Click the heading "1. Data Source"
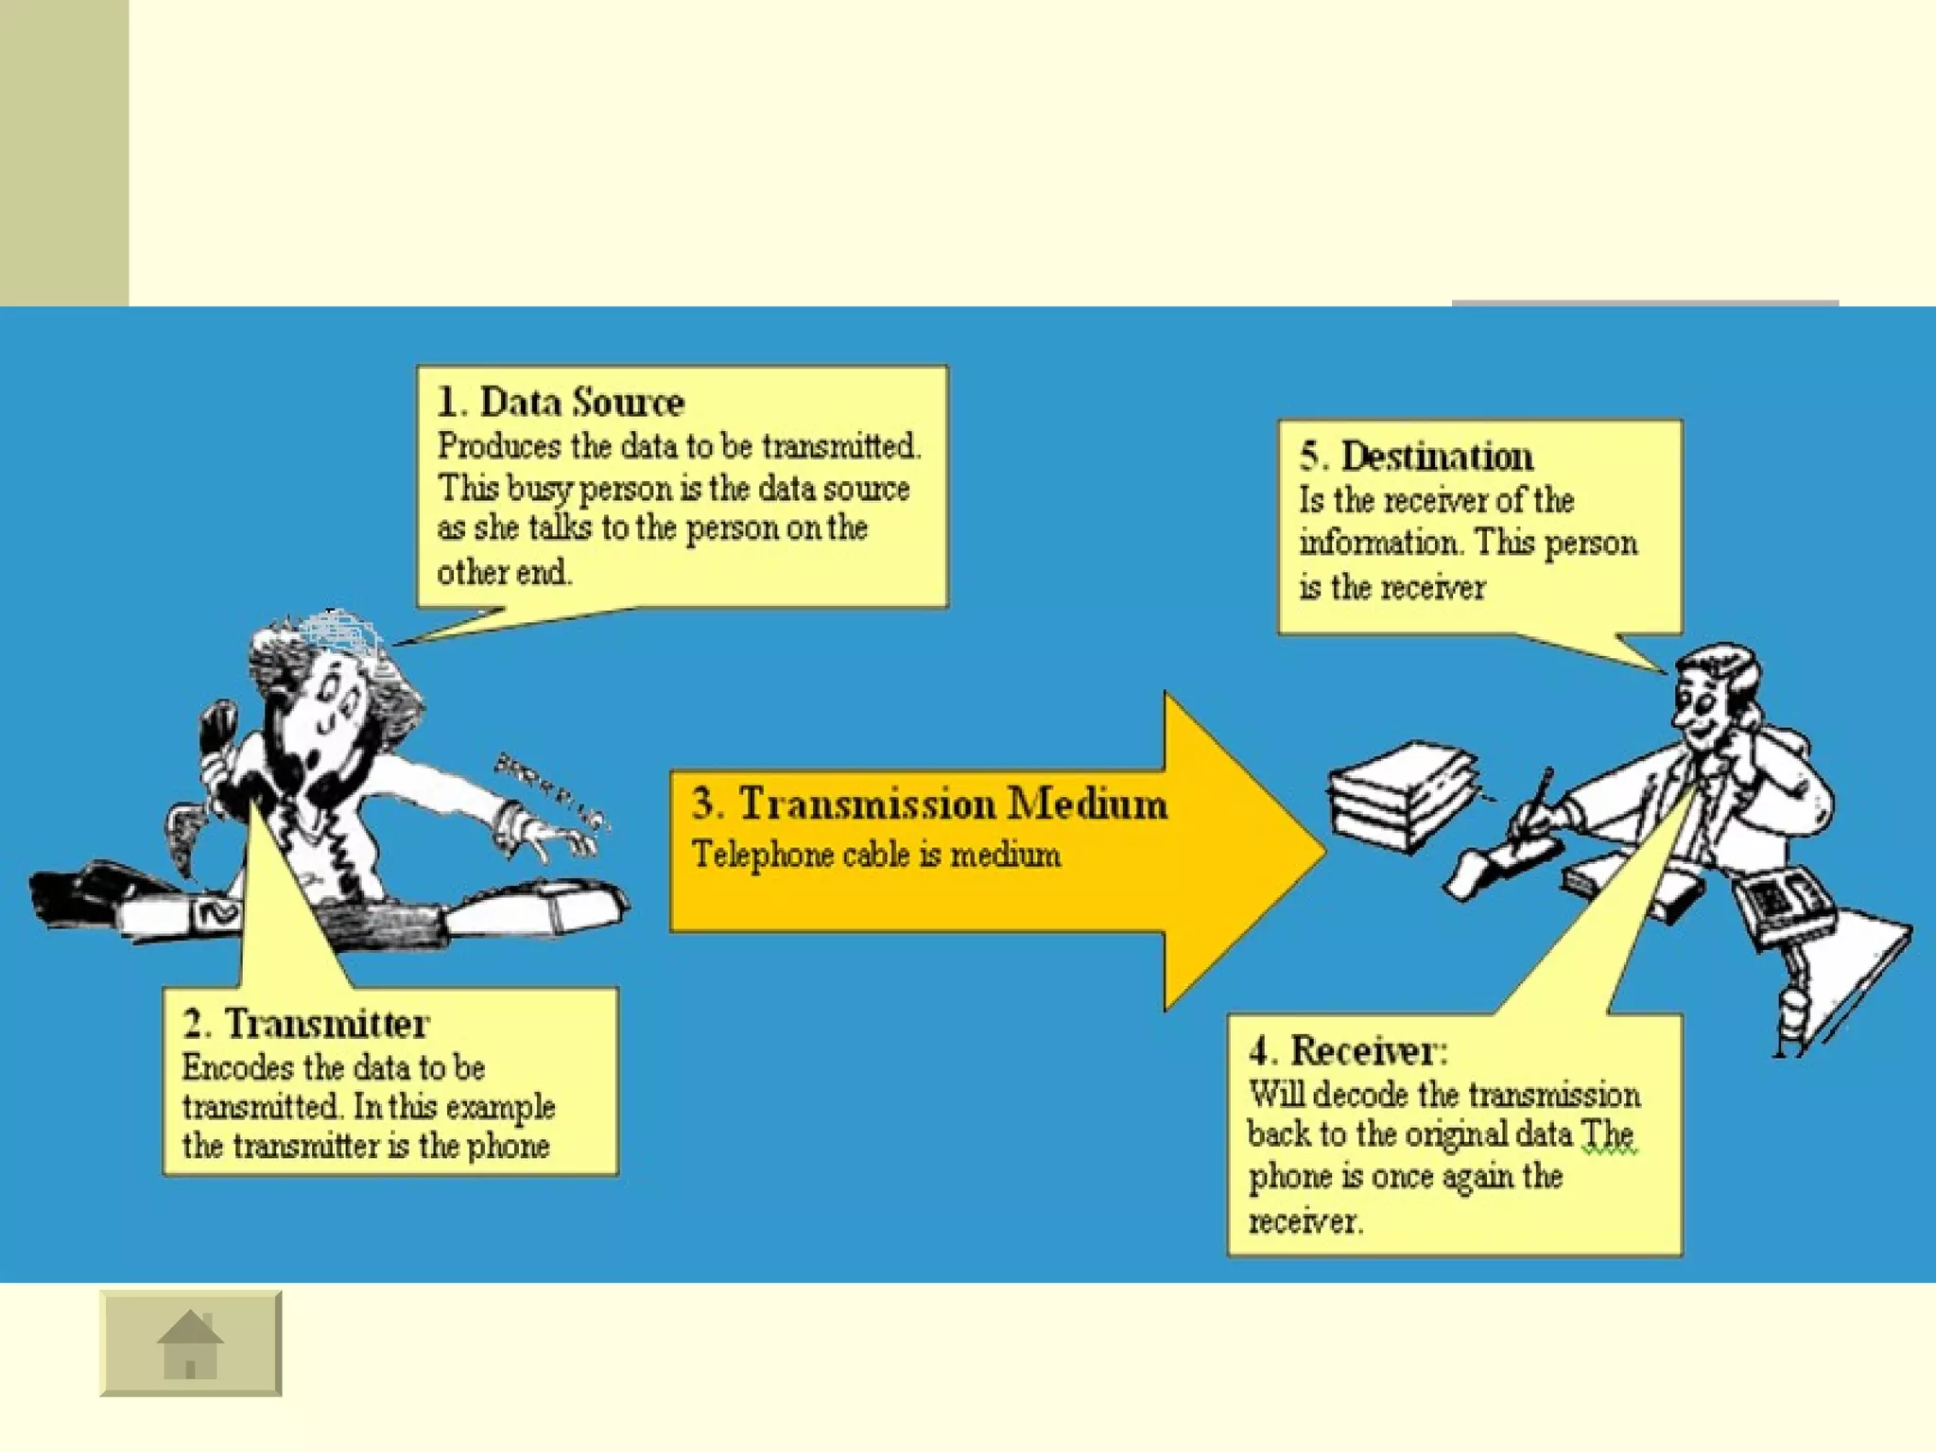pyautogui.click(x=560, y=403)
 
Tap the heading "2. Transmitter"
pyautogui.click(x=306, y=1024)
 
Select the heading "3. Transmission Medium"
pyautogui.click(x=929, y=804)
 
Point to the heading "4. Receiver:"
pyautogui.click(x=1347, y=1050)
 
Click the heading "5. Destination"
pyautogui.click(x=1416, y=457)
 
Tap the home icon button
pyautogui.click(x=190, y=1343)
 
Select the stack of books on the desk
pyautogui.click(x=1401, y=794)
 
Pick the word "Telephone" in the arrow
pyautogui.click(x=762, y=856)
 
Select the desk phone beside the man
pyautogui.click(x=1786, y=902)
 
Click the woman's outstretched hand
pyautogui.click(x=558, y=838)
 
